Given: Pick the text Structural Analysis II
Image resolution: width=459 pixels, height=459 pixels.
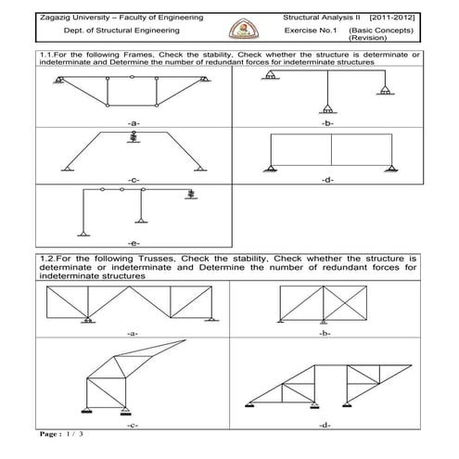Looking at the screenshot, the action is tap(321, 18).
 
